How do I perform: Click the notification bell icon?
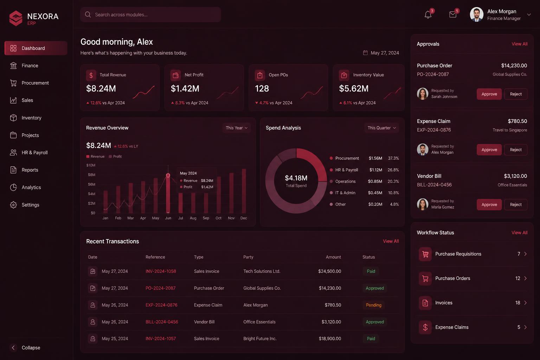428,15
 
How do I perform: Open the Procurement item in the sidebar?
35,83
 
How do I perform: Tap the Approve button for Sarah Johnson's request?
489,94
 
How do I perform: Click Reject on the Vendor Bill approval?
516,205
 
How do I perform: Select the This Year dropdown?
237,128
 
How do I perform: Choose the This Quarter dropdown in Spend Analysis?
381,128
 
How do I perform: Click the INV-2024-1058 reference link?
161,271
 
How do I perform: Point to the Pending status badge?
374,305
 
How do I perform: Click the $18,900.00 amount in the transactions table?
330,339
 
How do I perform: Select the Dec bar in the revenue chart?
244,191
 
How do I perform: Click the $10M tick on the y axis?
91,165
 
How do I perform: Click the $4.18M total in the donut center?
296,178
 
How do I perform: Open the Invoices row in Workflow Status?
472,303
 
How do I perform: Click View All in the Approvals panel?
520,44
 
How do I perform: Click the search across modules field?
150,15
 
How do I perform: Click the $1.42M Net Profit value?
185,89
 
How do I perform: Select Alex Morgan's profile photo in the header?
476,14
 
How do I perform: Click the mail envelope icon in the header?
453,15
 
